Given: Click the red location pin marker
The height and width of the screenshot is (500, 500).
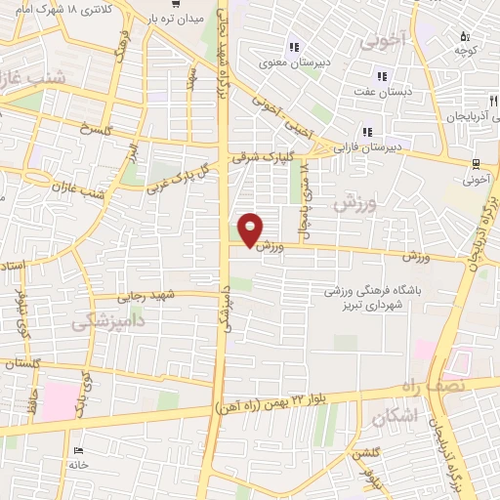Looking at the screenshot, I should pyautogui.click(x=252, y=229).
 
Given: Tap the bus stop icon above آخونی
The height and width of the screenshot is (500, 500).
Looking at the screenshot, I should pyautogui.click(x=476, y=163).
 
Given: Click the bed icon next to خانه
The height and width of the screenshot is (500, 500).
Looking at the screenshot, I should pyautogui.click(x=79, y=451).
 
